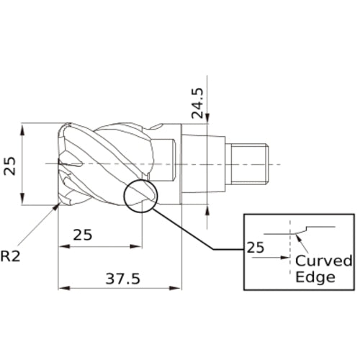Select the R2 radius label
pyautogui.click(x=11, y=256)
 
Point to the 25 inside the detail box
pyautogui.click(x=256, y=247)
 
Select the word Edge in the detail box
pyautogui.click(x=315, y=277)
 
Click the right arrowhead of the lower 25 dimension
pyautogui.click(x=138, y=246)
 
